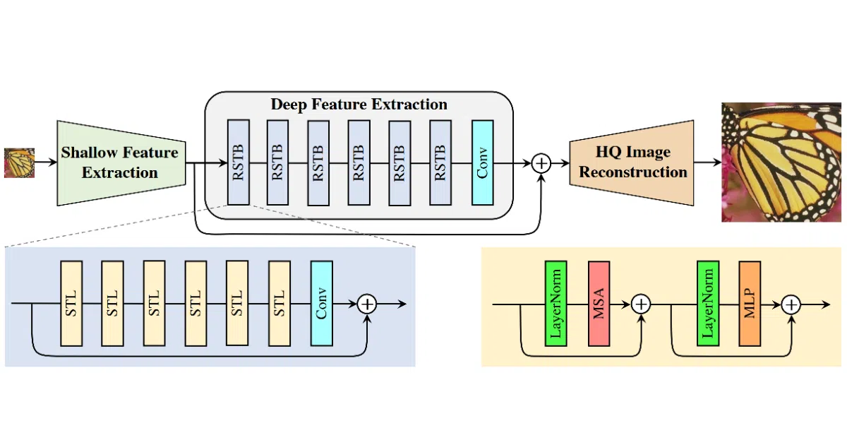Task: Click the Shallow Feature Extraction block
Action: tap(121, 163)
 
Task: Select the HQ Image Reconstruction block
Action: tap(632, 163)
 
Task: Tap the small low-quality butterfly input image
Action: tap(19, 162)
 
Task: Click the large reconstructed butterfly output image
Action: tap(781, 162)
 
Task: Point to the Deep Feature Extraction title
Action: tap(359, 104)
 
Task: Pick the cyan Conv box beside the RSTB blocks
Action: tap(483, 162)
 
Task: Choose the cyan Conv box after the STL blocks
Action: tap(321, 303)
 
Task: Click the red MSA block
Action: tap(599, 304)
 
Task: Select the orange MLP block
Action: tap(750, 304)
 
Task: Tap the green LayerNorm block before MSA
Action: tap(556, 304)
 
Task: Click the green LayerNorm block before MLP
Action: tap(708, 304)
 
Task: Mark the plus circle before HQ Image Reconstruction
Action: tap(541, 163)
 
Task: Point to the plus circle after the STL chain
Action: tap(367, 304)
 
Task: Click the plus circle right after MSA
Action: tap(641, 304)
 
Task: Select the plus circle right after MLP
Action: tap(791, 304)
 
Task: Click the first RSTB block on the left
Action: tap(239, 162)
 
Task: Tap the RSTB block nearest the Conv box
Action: tap(440, 162)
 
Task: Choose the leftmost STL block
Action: tap(71, 303)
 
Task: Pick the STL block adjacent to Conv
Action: tap(280, 303)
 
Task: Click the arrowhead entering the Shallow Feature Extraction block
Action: tap(52, 162)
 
